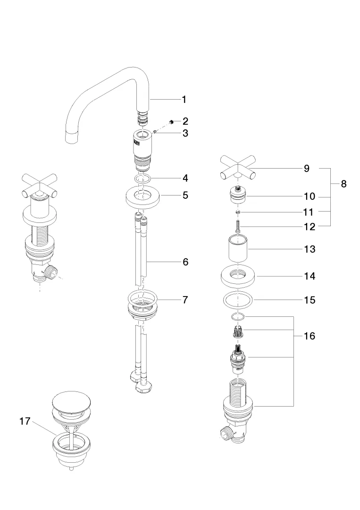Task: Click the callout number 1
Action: pos(184,99)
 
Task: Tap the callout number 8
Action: pos(343,184)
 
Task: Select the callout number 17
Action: pos(25,421)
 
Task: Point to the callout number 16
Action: pos(310,336)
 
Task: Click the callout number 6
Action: pos(185,262)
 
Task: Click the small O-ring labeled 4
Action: pos(142,179)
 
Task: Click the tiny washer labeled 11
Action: pos(239,212)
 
